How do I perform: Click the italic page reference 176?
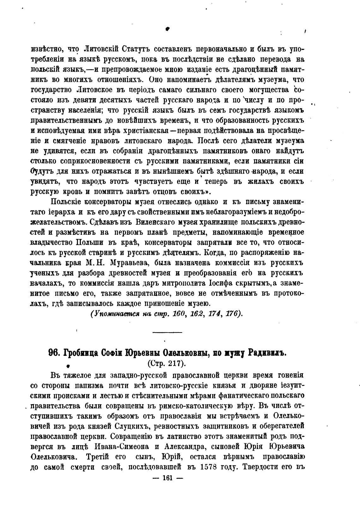pyautogui.click(x=234, y=314)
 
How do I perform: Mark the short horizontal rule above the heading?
pyautogui.click(x=167, y=332)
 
